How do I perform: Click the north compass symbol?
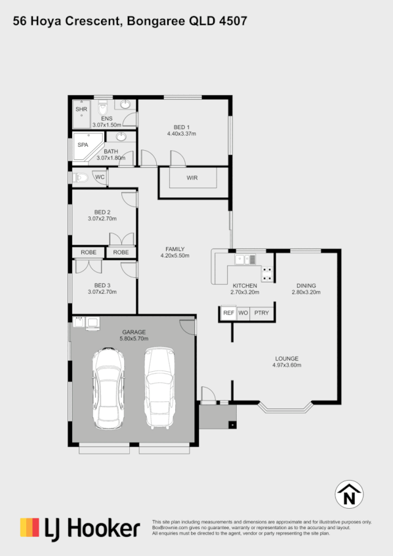tap(349, 495)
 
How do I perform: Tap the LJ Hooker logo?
tap(79, 528)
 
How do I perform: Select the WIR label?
tap(192, 178)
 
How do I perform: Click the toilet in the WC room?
tap(81, 177)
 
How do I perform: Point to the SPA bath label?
tap(83, 144)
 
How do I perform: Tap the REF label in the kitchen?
tap(228, 313)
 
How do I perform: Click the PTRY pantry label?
tap(262, 313)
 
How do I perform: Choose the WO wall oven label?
tap(243, 313)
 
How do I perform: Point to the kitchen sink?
tap(245, 260)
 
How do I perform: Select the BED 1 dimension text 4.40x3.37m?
tap(182, 134)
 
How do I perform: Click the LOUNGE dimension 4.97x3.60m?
tap(287, 366)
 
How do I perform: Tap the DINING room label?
tap(306, 286)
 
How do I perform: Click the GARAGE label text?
tap(133, 332)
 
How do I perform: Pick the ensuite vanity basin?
tap(124, 104)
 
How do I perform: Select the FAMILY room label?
tap(175, 248)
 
